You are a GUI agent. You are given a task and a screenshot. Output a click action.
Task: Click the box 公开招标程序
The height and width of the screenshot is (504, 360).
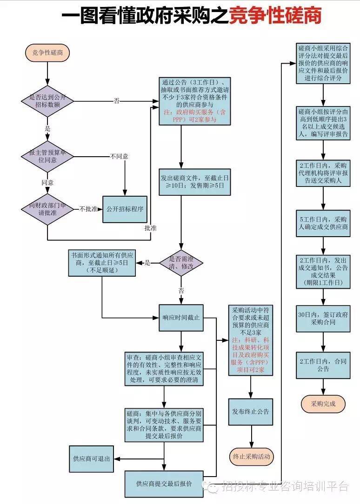(125, 209)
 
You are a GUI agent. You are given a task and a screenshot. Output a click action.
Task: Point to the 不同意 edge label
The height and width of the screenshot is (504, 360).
(120, 156)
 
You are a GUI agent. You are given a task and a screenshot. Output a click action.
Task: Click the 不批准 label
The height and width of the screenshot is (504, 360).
(88, 209)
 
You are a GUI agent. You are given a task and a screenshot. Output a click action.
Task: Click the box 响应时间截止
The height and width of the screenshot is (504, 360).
(181, 318)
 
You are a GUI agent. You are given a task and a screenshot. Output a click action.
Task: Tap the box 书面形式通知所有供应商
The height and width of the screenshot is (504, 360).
(102, 263)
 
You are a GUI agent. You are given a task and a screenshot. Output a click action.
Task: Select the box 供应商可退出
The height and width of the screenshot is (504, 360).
(92, 458)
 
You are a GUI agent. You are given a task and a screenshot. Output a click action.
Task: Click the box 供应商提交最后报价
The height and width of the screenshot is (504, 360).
(164, 484)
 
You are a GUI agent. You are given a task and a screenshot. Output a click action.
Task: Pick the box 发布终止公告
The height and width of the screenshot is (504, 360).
(251, 412)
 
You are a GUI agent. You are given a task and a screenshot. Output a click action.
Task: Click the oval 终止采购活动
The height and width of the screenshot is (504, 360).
(251, 456)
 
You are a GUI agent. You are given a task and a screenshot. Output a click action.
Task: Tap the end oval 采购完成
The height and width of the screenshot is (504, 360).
(323, 403)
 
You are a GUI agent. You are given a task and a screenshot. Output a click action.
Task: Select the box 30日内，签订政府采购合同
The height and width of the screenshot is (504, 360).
(323, 318)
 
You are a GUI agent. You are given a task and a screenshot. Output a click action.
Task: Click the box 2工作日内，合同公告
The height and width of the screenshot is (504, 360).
(323, 365)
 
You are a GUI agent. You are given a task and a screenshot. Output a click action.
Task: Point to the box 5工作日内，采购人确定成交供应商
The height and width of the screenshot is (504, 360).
(323, 223)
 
